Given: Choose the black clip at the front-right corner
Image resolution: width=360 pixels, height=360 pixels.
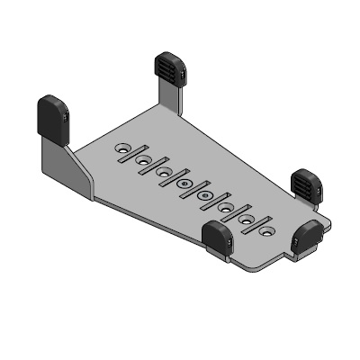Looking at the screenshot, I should [309, 237].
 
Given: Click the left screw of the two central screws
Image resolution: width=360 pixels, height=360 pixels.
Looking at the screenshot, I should [184, 184].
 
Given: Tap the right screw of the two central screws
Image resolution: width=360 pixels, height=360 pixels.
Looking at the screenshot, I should [205, 195].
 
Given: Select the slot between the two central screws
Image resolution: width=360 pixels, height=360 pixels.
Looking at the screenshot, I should [194, 189].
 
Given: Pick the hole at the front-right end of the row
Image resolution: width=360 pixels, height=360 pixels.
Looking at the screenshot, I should [266, 230].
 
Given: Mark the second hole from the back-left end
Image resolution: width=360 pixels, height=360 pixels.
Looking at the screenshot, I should [143, 160].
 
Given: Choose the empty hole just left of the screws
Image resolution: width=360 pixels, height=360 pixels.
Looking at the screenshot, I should [164, 172].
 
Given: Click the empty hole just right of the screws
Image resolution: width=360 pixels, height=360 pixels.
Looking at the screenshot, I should [226, 207].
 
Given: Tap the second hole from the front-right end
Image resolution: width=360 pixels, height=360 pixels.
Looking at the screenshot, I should [246, 219].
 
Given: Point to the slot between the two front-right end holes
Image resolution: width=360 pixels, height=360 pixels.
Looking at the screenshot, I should [256, 224].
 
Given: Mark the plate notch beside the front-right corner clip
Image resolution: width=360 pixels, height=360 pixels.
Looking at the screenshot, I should [291, 255].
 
